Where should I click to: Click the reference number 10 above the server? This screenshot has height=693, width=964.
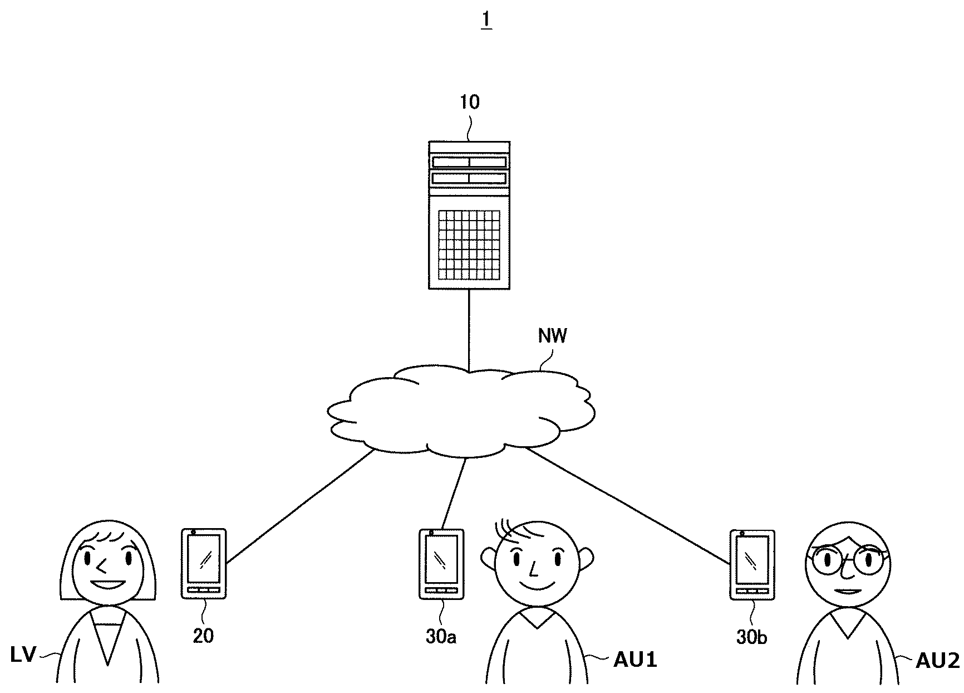(470, 102)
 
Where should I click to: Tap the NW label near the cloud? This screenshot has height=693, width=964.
(552, 336)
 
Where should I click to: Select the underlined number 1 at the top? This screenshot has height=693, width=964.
(486, 19)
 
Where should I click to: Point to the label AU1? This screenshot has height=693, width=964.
(635, 660)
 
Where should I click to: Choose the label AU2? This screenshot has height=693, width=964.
(938, 661)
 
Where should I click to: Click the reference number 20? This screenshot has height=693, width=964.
(203, 636)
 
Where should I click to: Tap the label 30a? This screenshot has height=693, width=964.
(441, 637)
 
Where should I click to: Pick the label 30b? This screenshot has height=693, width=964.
(751, 637)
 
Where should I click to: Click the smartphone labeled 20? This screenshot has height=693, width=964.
(204, 563)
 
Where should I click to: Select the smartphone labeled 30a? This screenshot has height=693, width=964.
(441, 564)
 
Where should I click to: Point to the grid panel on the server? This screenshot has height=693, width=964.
(469, 245)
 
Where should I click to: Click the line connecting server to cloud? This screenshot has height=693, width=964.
(469, 329)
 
